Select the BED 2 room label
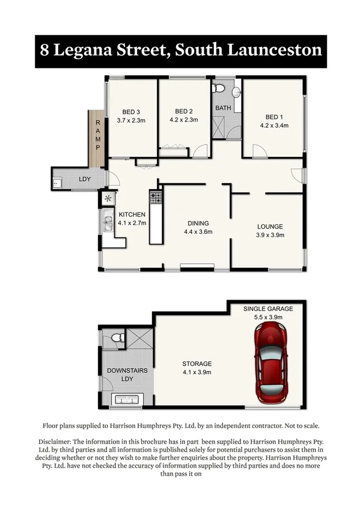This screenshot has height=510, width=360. [183, 111]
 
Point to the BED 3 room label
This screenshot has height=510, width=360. [131, 111]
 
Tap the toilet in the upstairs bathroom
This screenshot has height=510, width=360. [220, 89]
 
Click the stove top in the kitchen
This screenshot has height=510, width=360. [156, 196]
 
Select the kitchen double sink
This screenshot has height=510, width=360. [108, 224]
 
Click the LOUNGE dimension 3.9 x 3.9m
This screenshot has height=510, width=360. [270, 235]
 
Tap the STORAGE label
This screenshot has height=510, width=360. [197, 364]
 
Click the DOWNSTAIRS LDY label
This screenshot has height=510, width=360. [127, 371]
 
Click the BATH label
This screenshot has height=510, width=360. [223, 108]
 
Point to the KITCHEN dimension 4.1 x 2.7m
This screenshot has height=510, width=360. [132, 223]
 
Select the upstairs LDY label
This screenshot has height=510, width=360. [85, 179]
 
